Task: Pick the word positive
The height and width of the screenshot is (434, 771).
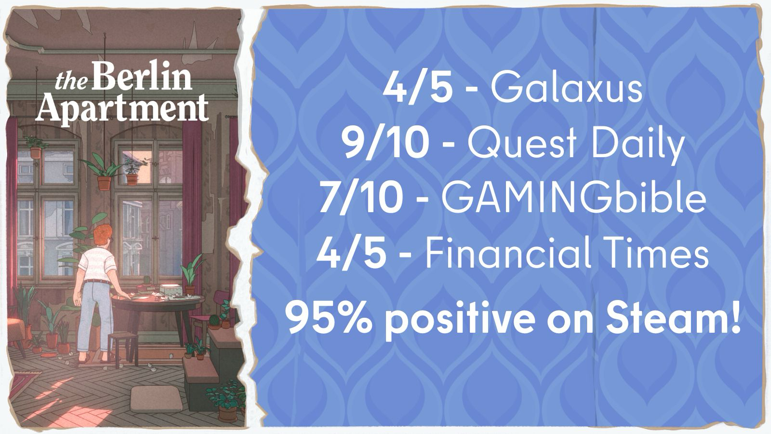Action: [475, 321]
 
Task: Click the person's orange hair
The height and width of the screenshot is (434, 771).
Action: [103, 235]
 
